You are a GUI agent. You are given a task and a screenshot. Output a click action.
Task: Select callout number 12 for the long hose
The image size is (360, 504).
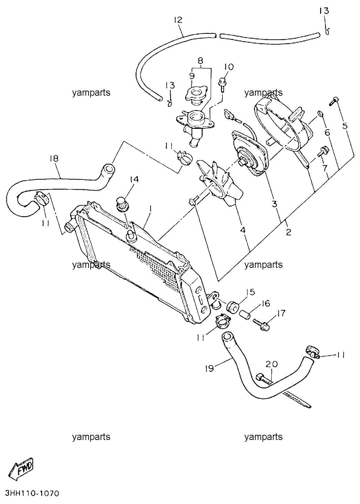pyautogui.click(x=178, y=20)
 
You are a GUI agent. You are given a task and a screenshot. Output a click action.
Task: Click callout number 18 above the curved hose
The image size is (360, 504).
pyautogui.click(x=54, y=158)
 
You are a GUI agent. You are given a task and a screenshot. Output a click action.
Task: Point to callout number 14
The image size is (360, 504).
pyautogui.click(x=134, y=179)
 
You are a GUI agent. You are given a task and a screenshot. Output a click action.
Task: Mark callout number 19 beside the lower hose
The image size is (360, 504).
pyautogui.click(x=209, y=369)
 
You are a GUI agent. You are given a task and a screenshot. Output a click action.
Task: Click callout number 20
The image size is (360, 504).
pyautogui.click(x=272, y=364)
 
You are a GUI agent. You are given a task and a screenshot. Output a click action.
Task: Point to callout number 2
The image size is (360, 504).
pyautogui.click(x=288, y=232)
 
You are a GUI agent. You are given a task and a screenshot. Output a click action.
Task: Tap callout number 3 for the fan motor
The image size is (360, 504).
pyautogui.click(x=274, y=204)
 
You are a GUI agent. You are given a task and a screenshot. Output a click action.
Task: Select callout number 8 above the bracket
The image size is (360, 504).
pyautogui.click(x=200, y=61)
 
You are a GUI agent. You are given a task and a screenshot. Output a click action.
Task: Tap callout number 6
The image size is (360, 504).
pyautogui.click(x=327, y=133)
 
